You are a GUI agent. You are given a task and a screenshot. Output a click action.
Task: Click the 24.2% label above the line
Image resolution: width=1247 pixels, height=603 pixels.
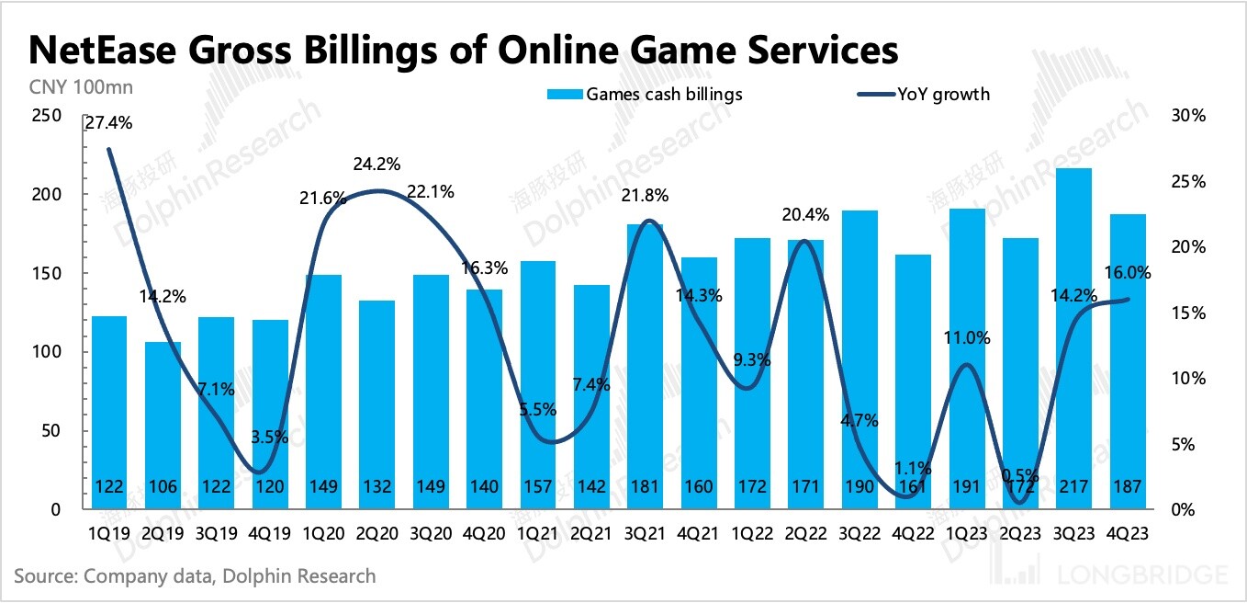click(376, 165)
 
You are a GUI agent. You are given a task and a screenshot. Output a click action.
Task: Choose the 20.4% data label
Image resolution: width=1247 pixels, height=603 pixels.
click(805, 215)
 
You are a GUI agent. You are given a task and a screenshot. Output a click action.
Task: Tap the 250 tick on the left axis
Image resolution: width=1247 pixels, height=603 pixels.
click(47, 116)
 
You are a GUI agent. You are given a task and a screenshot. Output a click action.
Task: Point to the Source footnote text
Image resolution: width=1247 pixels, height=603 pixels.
click(195, 576)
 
